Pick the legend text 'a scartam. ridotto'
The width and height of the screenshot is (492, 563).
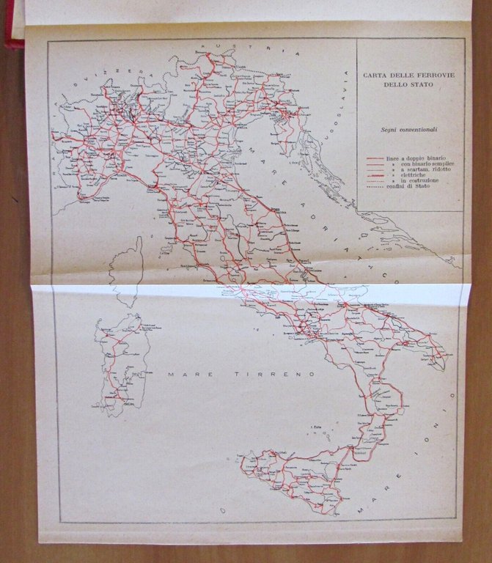419,172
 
